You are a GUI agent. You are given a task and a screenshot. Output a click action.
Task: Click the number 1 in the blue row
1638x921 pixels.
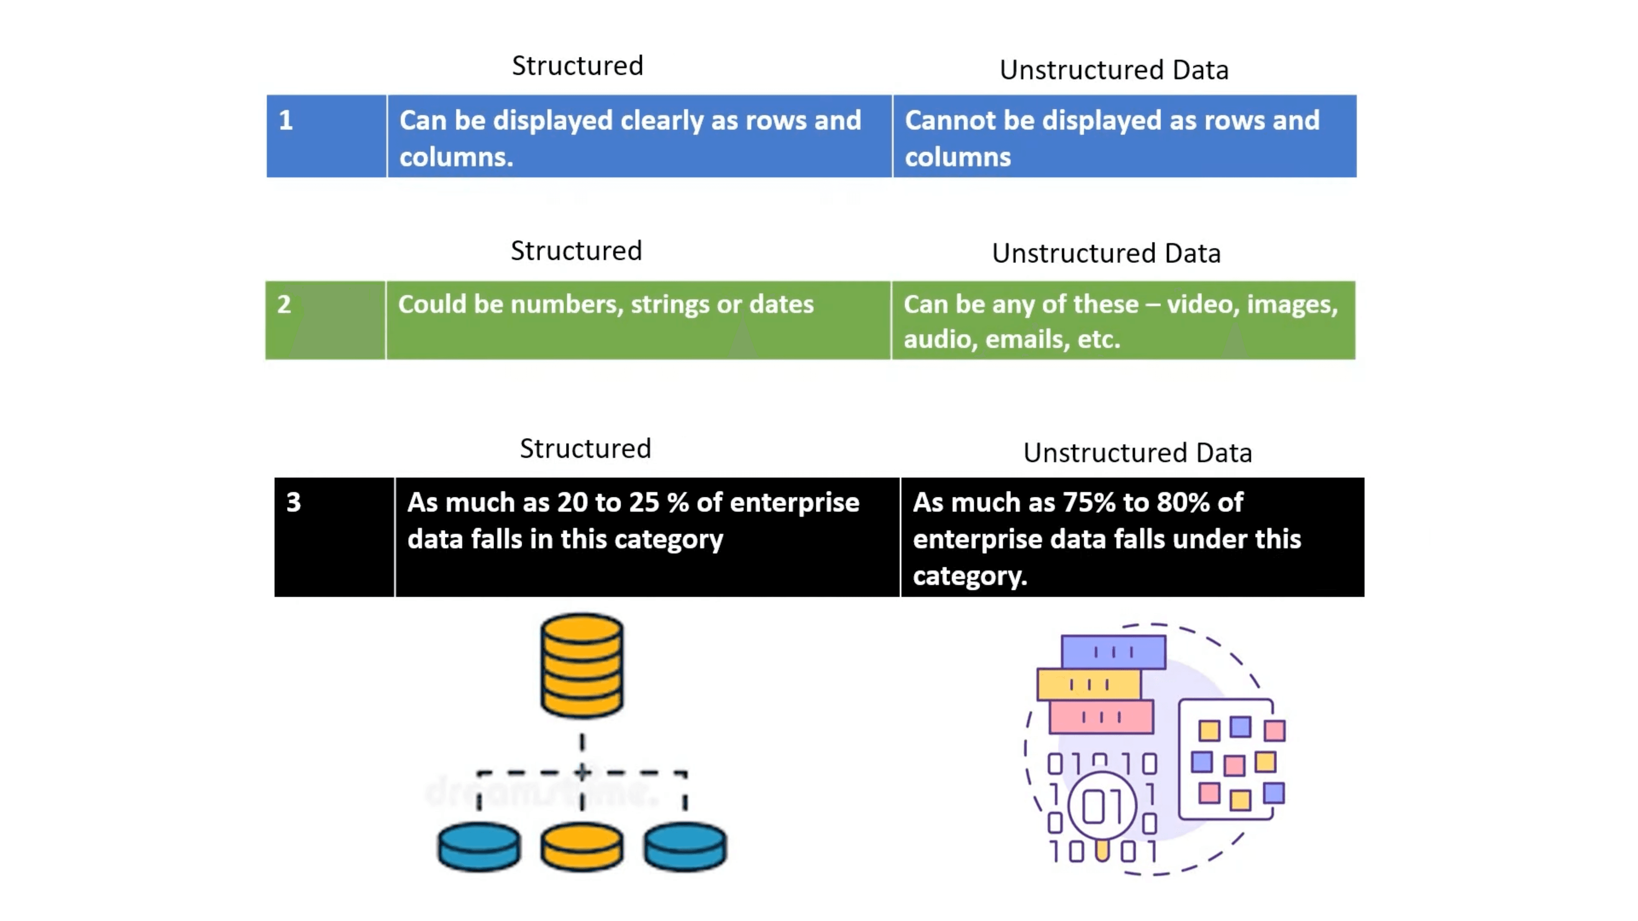pyautogui.click(x=285, y=120)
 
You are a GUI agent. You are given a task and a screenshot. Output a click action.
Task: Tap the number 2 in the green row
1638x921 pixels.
pyautogui.click(x=284, y=304)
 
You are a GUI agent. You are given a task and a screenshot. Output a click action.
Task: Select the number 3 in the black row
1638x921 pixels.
pyautogui.click(x=293, y=503)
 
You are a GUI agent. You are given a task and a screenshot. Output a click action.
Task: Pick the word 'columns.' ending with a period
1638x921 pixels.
pyautogui.click(x=456, y=157)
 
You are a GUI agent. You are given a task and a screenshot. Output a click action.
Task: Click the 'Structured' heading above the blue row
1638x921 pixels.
pyautogui.click(x=578, y=66)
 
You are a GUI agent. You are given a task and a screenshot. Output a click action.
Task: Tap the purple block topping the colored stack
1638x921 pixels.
pyautogui.click(x=1113, y=652)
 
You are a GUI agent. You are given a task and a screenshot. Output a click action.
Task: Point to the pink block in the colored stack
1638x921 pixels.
pyautogui.click(x=1101, y=717)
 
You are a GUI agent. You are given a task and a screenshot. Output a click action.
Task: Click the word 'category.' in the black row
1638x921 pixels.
pyautogui.click(x=970, y=576)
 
